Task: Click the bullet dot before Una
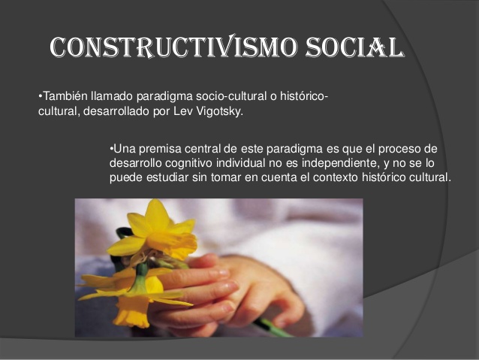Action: (111, 148)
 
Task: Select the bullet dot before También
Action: (39, 98)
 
